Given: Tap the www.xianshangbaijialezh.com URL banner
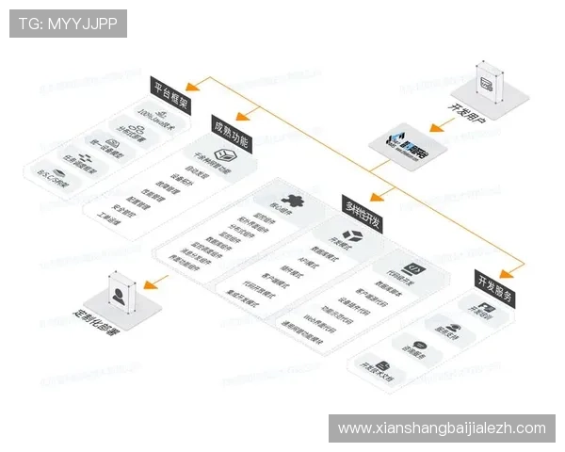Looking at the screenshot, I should (x=442, y=428).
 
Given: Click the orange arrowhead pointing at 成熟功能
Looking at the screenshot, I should (x=243, y=119).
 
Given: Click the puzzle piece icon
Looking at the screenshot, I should (x=294, y=202).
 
